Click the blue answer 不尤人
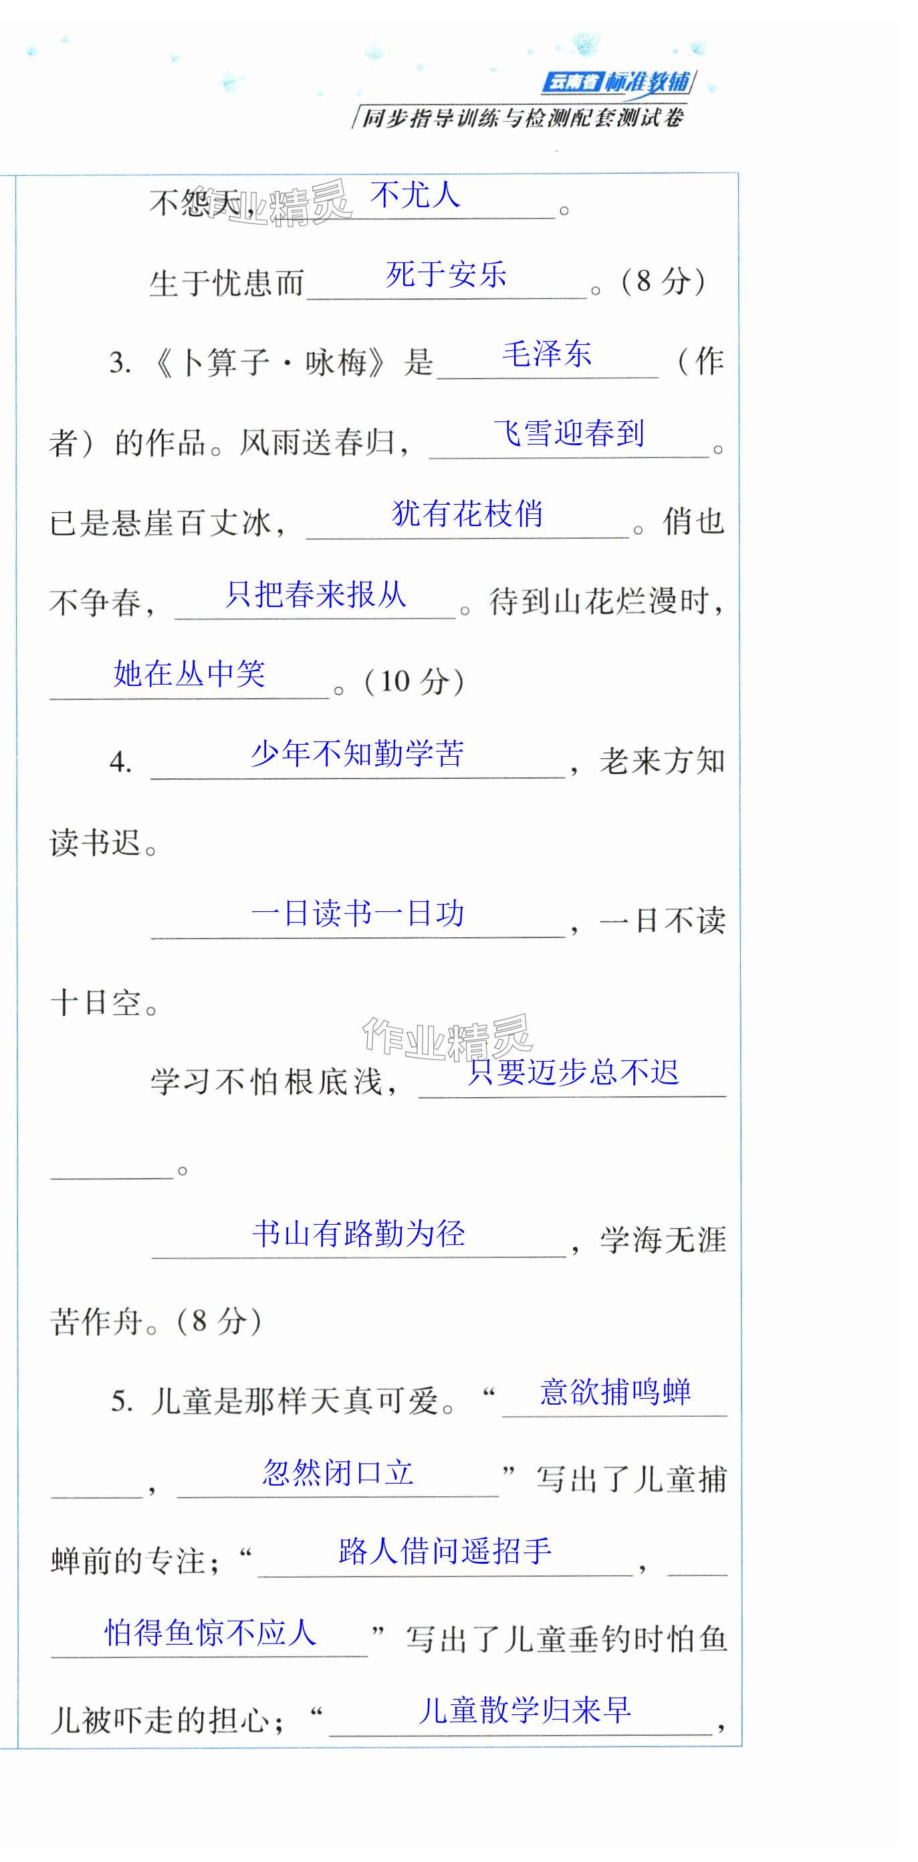(x=415, y=195)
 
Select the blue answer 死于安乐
(x=446, y=275)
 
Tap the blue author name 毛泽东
(x=546, y=354)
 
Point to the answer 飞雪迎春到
(x=569, y=434)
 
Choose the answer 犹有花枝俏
(x=467, y=514)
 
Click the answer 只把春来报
(x=315, y=594)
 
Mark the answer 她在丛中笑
(x=189, y=674)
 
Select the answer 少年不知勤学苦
(x=357, y=754)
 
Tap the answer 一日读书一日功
(x=357, y=914)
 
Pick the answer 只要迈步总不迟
(x=572, y=1072)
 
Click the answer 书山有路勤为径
(x=358, y=1233)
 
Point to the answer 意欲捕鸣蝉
(x=615, y=1392)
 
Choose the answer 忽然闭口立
(x=338, y=1472)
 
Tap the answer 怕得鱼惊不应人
(x=211, y=1632)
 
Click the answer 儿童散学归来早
(x=524, y=1711)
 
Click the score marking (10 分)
(x=414, y=682)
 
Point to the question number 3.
(x=120, y=362)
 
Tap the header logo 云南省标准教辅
(x=617, y=82)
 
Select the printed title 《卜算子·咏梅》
(x=270, y=362)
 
